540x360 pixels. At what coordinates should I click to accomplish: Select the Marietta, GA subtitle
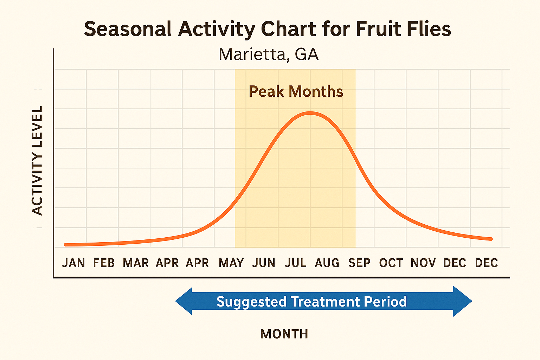(269, 54)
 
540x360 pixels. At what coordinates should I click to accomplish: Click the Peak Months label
(296, 92)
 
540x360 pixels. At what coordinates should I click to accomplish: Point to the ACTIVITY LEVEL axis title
(37, 160)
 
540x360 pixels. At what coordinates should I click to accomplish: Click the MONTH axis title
(284, 334)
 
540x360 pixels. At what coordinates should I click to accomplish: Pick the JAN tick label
(73, 263)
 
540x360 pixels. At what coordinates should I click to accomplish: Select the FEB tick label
(104, 263)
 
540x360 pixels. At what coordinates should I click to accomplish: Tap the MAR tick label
(136, 263)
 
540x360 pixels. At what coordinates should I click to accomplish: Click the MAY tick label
(231, 263)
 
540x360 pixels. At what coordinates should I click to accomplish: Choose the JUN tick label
(264, 263)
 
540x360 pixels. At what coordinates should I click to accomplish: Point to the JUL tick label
(295, 263)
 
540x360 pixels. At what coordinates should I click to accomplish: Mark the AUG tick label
(327, 263)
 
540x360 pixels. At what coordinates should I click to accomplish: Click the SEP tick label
(359, 263)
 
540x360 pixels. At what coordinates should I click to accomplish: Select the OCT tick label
(391, 263)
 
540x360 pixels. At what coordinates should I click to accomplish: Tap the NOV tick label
(423, 263)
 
